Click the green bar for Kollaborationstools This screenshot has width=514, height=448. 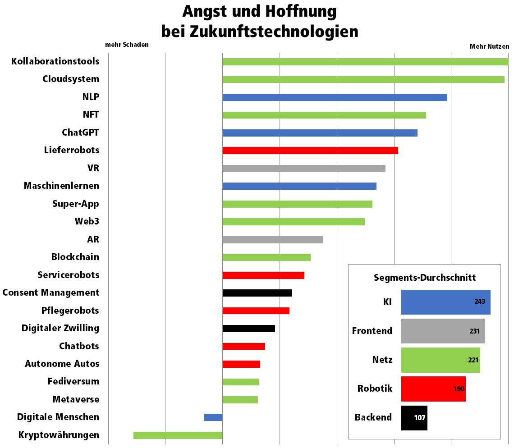(x=365, y=62)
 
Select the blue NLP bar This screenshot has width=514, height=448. (x=335, y=97)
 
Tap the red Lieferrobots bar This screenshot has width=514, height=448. (x=310, y=151)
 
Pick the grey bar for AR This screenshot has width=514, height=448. (x=273, y=240)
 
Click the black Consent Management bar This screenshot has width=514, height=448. (x=257, y=293)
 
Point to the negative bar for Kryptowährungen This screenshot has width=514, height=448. (x=178, y=435)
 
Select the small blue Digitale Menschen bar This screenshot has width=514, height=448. (x=213, y=417)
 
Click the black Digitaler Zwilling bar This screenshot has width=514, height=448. (x=249, y=329)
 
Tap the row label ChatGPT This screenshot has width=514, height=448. (x=80, y=133)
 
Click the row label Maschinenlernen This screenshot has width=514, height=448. (x=61, y=186)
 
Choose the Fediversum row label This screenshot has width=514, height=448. (x=73, y=381)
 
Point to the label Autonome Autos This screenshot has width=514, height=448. (x=62, y=364)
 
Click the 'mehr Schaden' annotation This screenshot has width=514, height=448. (x=127, y=45)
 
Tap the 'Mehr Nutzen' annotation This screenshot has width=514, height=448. (x=489, y=46)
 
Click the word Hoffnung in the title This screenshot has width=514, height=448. (x=301, y=11)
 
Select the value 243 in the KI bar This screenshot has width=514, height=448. (x=480, y=302)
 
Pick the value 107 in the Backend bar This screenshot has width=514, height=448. (x=420, y=417)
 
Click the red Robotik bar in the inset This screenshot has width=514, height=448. (x=433, y=389)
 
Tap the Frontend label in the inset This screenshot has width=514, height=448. (x=372, y=331)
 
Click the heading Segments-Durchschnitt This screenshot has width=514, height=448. (x=425, y=278)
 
